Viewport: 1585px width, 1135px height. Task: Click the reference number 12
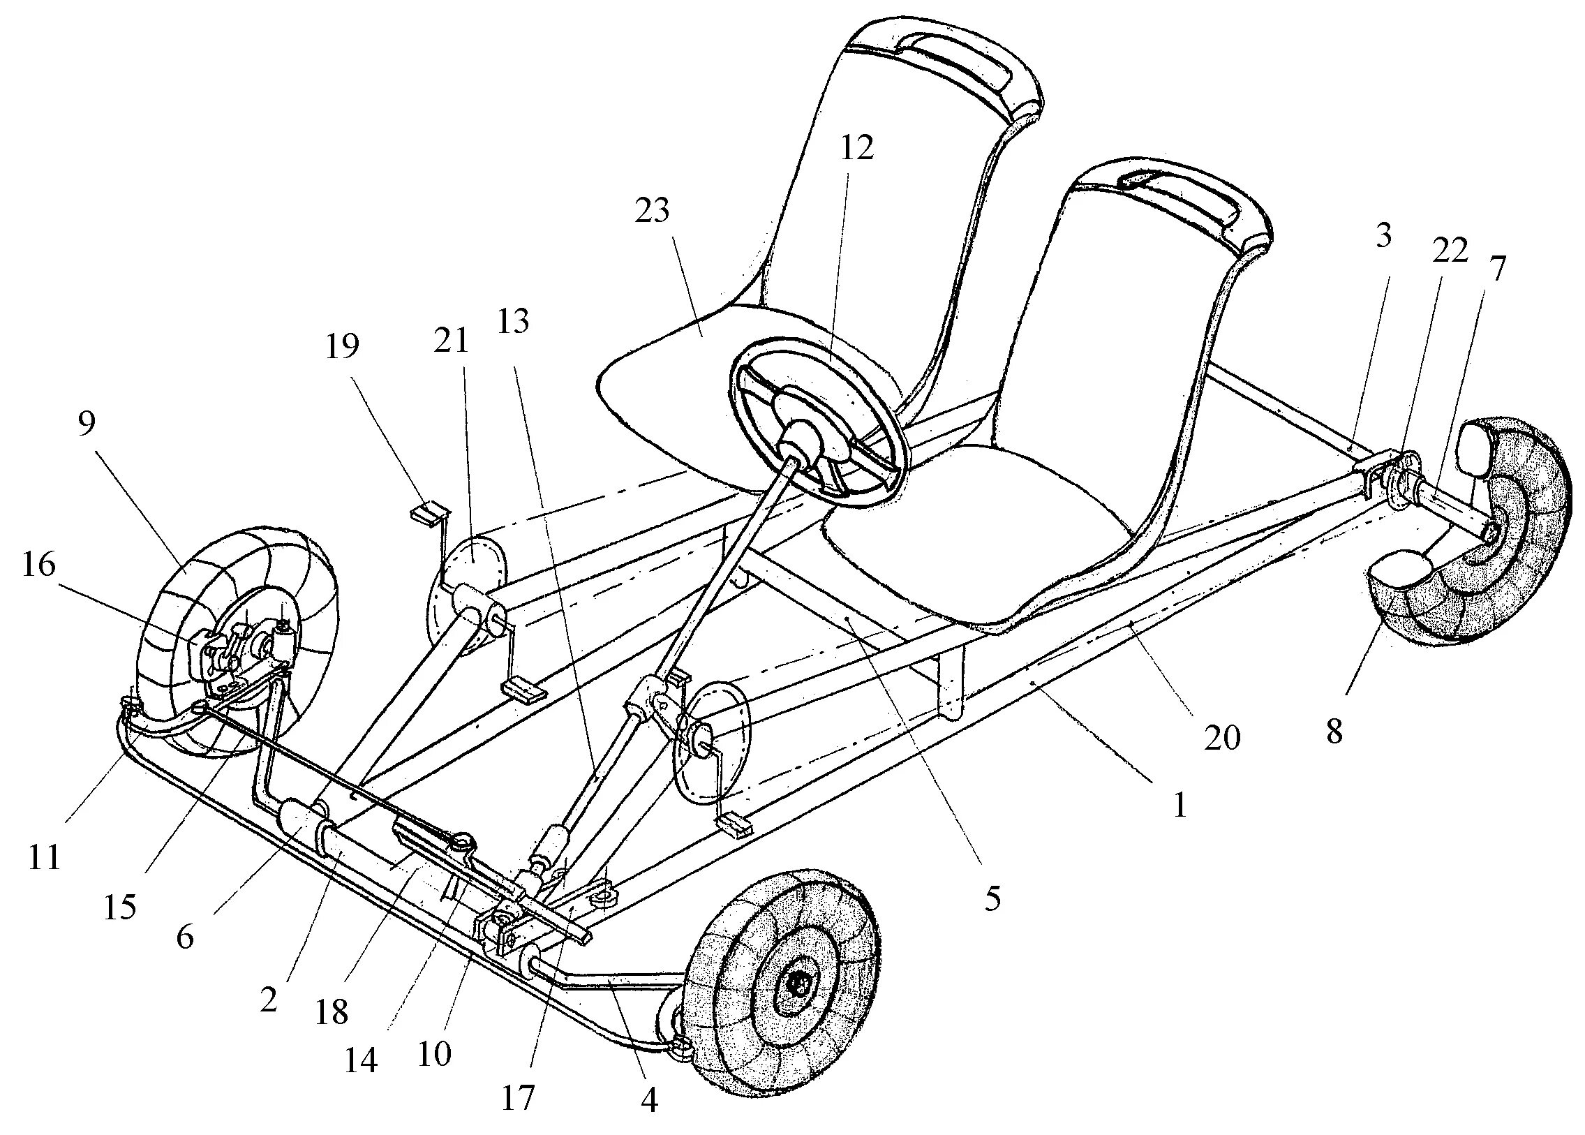(857, 147)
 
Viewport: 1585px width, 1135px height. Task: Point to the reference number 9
(86, 424)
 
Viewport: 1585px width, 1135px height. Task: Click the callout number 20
(1222, 739)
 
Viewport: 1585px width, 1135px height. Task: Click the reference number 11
(44, 858)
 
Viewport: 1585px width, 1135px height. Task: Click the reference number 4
(649, 1102)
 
